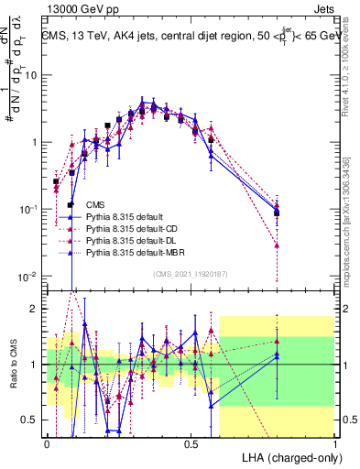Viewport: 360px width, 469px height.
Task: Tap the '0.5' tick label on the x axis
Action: (191, 443)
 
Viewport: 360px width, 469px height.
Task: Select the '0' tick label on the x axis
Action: (48, 443)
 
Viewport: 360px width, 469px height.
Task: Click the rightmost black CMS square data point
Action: (277, 213)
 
